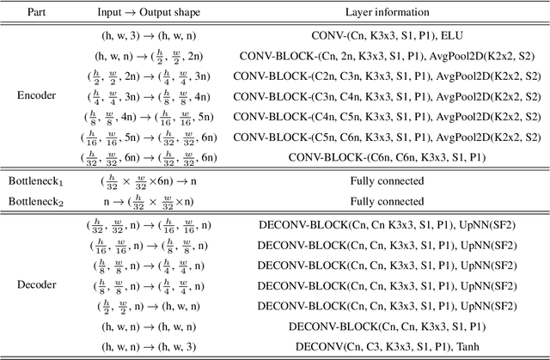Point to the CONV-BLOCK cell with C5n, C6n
click(x=386, y=137)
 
